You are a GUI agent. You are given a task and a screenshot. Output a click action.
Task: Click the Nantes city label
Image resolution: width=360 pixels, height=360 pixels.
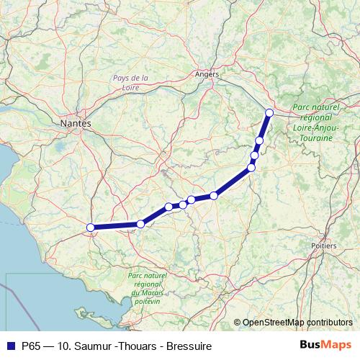coord(76,124)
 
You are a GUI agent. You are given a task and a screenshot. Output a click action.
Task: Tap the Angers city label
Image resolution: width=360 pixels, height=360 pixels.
coord(207,73)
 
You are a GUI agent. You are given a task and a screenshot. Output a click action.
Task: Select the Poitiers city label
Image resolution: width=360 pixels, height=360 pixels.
coord(323,246)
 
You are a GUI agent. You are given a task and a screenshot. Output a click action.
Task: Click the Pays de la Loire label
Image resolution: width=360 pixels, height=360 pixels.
coord(130,82)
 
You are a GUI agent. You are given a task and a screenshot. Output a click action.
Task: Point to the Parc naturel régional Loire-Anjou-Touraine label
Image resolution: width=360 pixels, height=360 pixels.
coord(315,122)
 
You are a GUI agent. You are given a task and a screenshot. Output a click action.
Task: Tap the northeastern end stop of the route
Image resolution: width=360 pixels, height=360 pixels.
coord(269,112)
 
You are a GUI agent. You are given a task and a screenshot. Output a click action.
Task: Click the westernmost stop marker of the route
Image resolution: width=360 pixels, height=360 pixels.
coord(91,228)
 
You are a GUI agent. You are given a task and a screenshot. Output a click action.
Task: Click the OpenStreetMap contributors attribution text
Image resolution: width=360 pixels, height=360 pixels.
coord(297,323)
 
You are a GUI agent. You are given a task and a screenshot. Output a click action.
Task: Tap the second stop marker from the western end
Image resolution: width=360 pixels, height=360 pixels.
coord(140,224)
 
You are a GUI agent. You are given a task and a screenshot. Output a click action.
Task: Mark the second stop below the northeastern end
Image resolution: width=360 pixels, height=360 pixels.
coord(254,156)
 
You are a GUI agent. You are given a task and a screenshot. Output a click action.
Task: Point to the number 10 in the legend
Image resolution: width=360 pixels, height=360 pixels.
coord(67,346)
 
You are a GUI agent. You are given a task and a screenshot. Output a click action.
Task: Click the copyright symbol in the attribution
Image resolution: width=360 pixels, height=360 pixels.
coord(237,323)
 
